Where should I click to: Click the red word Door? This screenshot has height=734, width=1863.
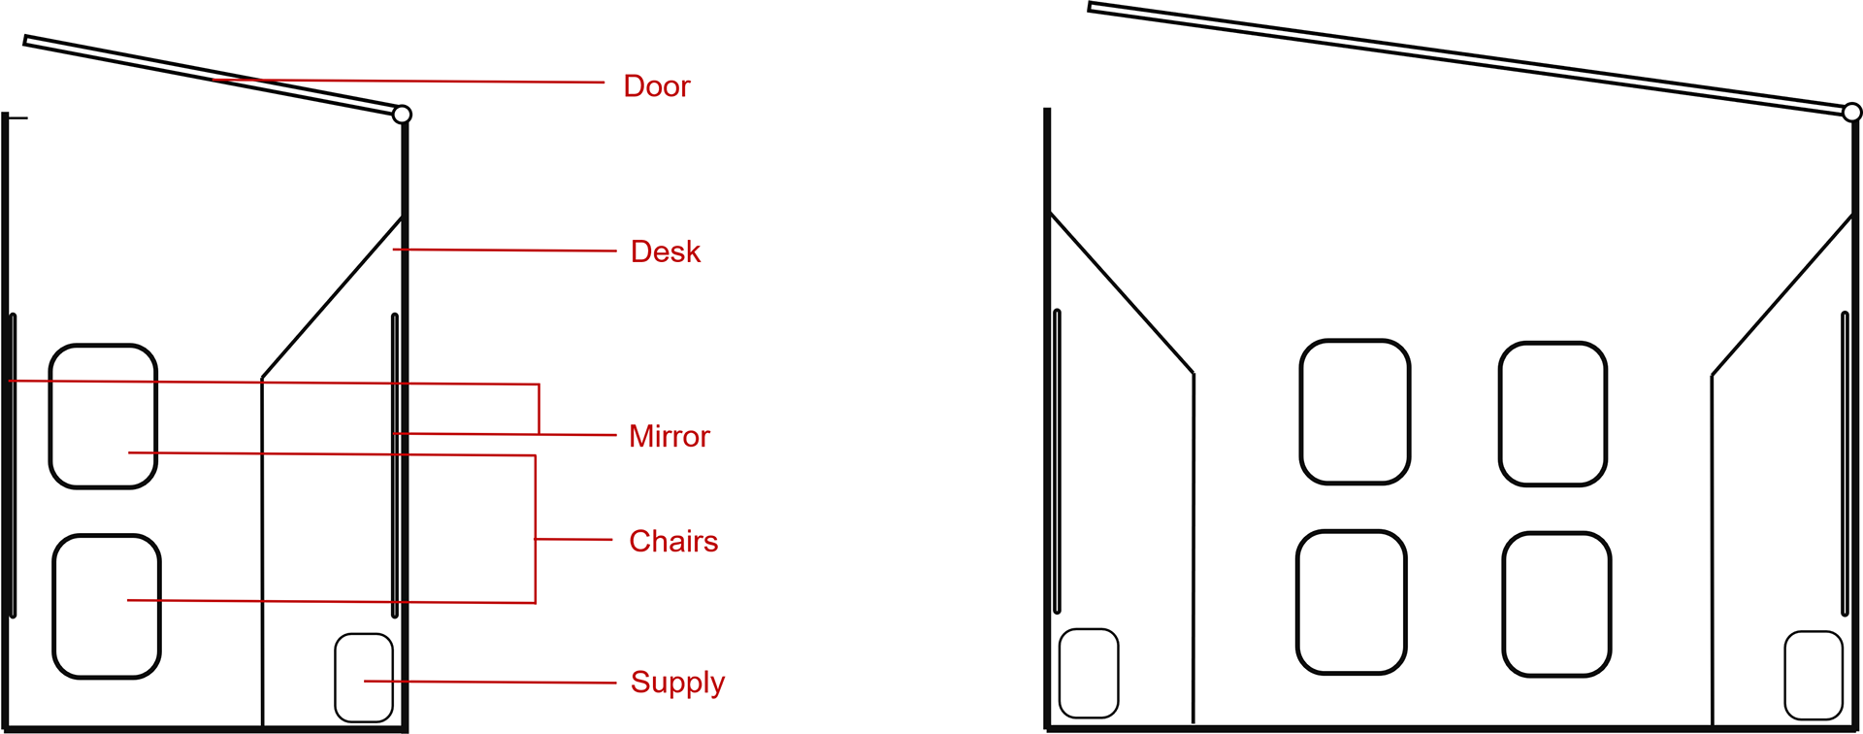[657, 86]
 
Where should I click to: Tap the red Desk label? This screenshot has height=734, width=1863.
[666, 251]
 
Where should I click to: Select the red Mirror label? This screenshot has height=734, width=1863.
[670, 436]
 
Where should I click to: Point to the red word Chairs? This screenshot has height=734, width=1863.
[673, 541]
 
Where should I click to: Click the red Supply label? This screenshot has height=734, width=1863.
[677, 683]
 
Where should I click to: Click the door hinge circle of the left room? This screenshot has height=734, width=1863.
[402, 115]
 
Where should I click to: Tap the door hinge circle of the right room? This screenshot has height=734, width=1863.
[1852, 113]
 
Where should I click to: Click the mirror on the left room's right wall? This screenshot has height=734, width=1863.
[395, 465]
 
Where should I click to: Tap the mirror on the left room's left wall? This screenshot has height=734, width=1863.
[13, 465]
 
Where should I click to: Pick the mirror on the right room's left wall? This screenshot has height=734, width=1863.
[1057, 461]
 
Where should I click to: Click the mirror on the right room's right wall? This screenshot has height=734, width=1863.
[1845, 463]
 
